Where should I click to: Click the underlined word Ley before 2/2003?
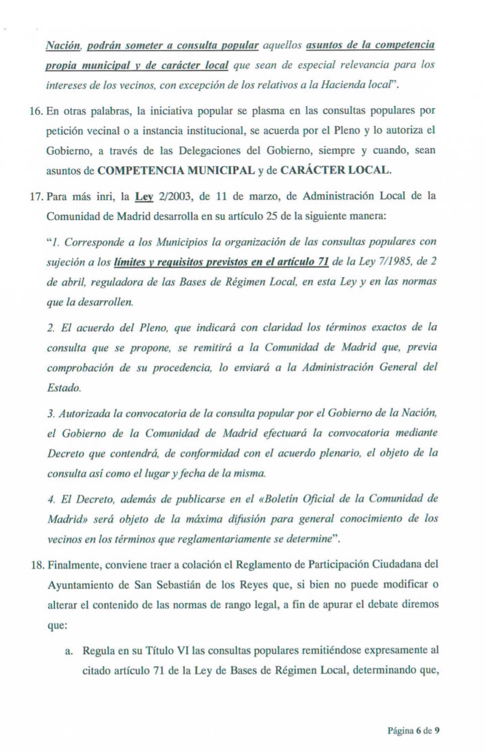click(144, 197)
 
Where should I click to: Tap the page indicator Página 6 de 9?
click(413, 715)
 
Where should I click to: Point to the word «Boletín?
click(266, 499)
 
